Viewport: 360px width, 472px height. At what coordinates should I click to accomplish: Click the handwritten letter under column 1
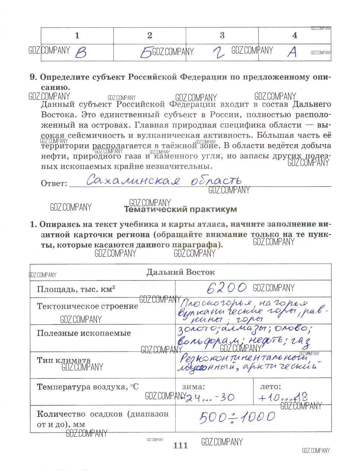[x=81, y=53]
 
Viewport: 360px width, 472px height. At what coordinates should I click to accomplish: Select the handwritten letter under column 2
[x=146, y=53]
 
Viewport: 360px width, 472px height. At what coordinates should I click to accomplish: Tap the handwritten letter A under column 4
[x=293, y=53]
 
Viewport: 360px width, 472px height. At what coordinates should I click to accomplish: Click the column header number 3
[x=222, y=35]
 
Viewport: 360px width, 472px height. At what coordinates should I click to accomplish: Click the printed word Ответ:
[x=54, y=183]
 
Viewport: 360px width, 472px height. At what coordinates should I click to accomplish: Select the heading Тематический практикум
[x=180, y=209]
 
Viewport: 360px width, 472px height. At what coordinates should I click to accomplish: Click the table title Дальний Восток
[x=180, y=272]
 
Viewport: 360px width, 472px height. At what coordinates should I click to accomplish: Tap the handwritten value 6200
[x=227, y=288]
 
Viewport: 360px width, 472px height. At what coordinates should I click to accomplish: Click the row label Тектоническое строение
[x=87, y=306]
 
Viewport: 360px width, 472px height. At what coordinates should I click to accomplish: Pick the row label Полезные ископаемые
[x=84, y=333]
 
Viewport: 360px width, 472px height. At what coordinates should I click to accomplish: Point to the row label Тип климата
[x=64, y=360]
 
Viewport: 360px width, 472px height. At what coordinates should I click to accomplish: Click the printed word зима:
[x=193, y=387]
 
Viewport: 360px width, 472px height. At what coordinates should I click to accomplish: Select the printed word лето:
[x=270, y=387]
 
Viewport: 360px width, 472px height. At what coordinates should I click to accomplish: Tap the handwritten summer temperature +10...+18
[x=283, y=398]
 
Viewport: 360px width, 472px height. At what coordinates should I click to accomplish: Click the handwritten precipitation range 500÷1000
[x=238, y=417]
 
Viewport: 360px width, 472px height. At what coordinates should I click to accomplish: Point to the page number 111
[x=180, y=445]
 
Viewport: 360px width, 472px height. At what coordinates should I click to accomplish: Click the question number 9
[x=33, y=77]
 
